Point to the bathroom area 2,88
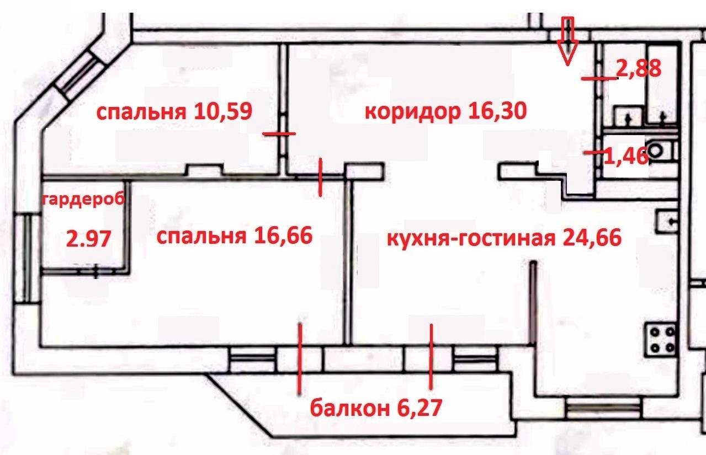tap(638, 70)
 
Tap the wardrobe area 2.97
tap(89, 239)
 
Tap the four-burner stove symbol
tap(661, 340)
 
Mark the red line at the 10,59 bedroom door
tap(279, 133)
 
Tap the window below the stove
tap(604, 409)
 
